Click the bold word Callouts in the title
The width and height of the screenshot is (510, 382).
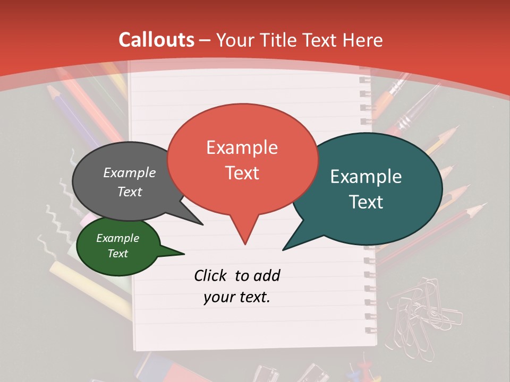[x=156, y=40]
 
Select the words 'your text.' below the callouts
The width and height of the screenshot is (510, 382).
[x=237, y=297]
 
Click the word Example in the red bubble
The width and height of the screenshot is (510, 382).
[x=242, y=147]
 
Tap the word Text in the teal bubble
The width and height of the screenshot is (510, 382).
[x=366, y=202]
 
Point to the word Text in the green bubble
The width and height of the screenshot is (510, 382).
[x=117, y=254]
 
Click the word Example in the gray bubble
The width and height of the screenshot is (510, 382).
[x=129, y=172]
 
